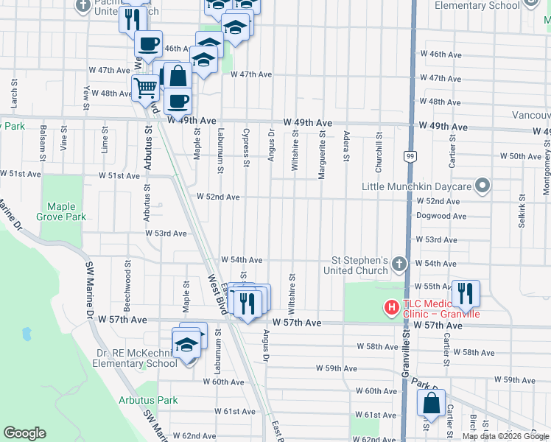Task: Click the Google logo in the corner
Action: (24, 433)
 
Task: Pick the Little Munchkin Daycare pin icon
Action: (482, 185)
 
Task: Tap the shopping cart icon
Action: (146, 88)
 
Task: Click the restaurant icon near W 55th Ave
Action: (465, 294)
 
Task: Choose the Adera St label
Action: (346, 146)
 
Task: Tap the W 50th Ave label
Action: (521, 156)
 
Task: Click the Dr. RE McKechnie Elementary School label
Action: (136, 358)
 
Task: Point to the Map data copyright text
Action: (505, 436)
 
